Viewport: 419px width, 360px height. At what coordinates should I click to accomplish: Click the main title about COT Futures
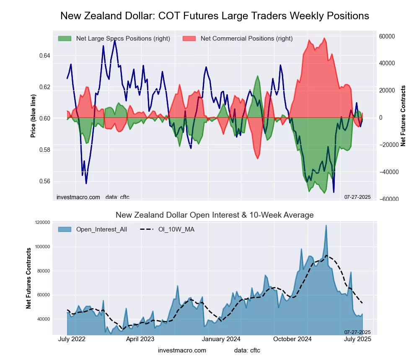click(215, 16)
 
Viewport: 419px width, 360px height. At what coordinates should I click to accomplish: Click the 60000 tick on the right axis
click(387, 36)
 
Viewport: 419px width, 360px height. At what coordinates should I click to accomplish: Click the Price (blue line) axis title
click(33, 116)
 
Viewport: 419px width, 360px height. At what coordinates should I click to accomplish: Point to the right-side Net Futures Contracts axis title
click(403, 116)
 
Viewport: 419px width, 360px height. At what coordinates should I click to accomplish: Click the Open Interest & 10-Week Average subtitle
click(215, 215)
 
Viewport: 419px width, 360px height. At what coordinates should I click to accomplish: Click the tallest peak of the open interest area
click(326, 226)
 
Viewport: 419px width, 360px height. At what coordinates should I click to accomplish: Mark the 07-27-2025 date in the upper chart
click(357, 197)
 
